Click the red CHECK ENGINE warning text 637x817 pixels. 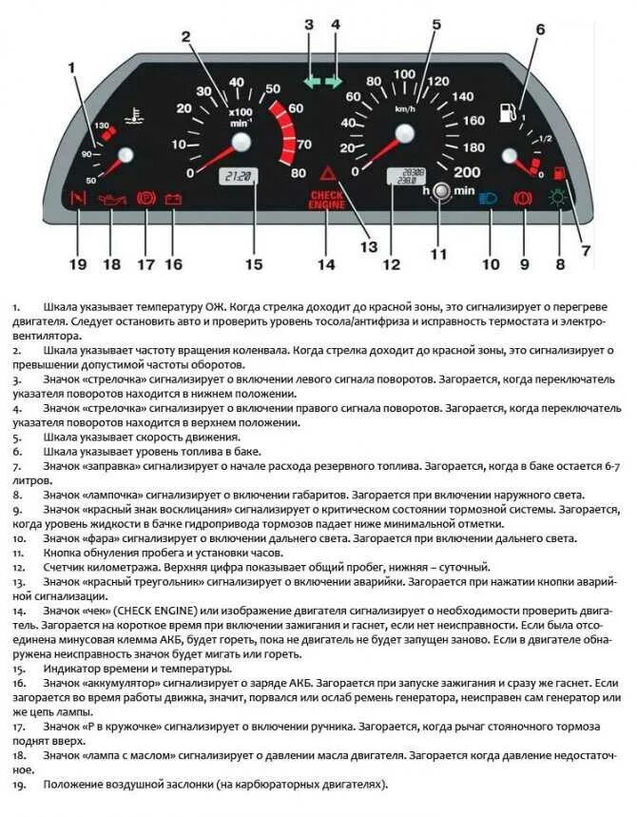[x=326, y=199]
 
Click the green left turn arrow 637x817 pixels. [x=311, y=83]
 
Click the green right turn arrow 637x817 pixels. [x=334, y=83]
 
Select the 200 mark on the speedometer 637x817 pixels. [x=467, y=172]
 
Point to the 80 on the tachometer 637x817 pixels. [x=299, y=172]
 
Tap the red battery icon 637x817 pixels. [x=173, y=200]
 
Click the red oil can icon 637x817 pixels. [x=112, y=201]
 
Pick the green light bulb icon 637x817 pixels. [x=559, y=200]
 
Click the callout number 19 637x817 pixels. [x=78, y=263]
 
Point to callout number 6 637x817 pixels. [x=539, y=29]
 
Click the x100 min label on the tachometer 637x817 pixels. [x=239, y=117]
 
